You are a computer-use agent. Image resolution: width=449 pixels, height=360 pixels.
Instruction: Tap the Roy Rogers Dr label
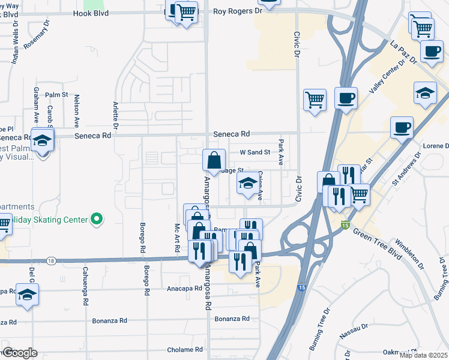tap(238, 11)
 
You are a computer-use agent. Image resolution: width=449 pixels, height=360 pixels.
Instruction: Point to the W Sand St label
tap(255, 152)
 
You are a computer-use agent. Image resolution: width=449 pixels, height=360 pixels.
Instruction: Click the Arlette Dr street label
tap(115, 115)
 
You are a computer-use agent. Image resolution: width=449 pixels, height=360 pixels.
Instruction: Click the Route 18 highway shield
tap(52, 260)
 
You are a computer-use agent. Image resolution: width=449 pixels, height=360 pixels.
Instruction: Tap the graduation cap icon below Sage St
tap(247, 184)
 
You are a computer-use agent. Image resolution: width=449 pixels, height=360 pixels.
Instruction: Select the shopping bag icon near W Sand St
tap(214, 160)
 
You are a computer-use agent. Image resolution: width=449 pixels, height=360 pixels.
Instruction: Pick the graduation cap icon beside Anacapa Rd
tap(28, 295)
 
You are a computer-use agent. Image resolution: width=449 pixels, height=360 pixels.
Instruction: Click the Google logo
tap(20, 353)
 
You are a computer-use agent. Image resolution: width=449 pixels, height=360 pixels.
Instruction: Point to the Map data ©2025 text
tap(423, 355)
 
